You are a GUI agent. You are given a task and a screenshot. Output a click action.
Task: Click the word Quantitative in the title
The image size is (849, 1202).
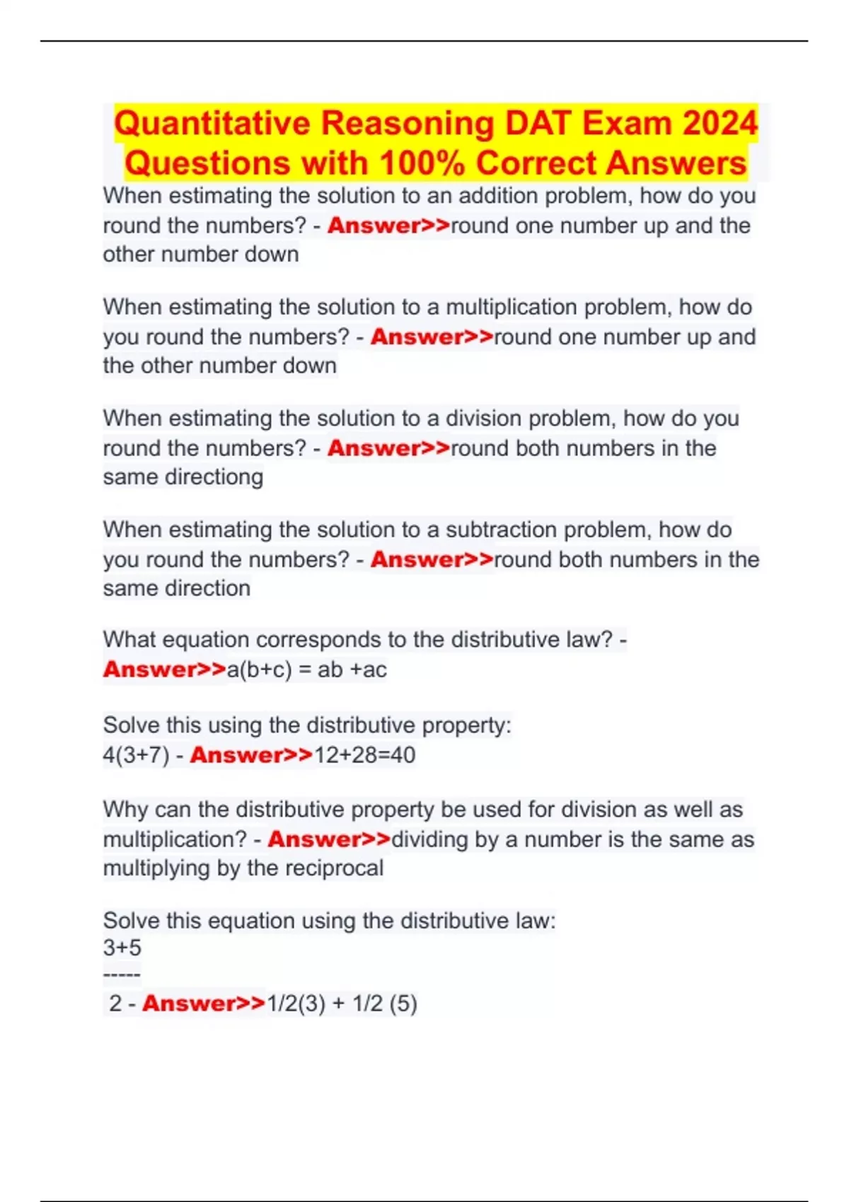[x=212, y=123]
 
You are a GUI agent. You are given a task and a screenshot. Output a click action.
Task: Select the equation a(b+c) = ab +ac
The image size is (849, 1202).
[x=306, y=669]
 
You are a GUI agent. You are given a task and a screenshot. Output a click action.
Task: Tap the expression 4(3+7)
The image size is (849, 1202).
[x=136, y=755]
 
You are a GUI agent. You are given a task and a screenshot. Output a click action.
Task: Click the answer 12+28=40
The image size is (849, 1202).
[x=364, y=755]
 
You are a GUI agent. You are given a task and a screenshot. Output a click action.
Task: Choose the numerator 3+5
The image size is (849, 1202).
[x=122, y=947]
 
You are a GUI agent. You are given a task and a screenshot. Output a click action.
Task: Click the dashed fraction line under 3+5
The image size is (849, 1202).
[x=122, y=976]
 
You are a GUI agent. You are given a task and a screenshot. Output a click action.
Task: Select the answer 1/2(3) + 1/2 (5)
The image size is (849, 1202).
[x=342, y=1003]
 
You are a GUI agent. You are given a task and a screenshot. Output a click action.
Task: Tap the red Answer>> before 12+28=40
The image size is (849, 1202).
[x=250, y=755]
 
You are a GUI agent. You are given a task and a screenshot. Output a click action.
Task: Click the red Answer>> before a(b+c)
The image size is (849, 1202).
[x=164, y=669]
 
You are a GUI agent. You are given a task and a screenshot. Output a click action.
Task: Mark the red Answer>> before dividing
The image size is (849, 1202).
[x=328, y=839]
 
